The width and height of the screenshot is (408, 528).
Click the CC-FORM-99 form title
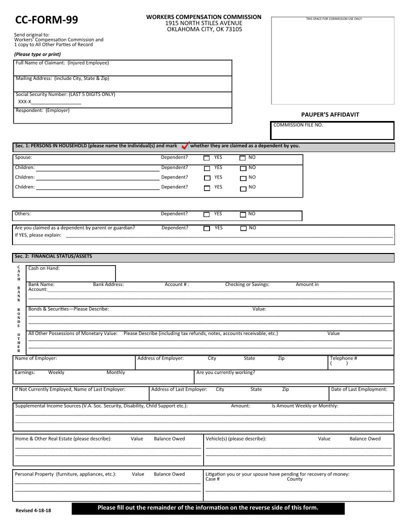tap(46, 20)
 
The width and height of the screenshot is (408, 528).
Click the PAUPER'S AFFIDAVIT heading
tap(330, 114)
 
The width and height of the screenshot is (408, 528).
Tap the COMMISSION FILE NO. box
tap(332, 131)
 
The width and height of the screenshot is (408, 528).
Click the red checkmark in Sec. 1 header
tap(184, 145)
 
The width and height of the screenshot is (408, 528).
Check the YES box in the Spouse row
tap(207, 157)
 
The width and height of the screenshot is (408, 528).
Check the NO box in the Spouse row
tap(243, 157)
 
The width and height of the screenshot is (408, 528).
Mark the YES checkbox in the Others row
tap(206, 214)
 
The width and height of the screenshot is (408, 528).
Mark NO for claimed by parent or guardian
tap(243, 228)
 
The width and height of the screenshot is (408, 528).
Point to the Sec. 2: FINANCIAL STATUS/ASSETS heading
tap(53, 256)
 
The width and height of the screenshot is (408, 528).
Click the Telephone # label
tap(343, 358)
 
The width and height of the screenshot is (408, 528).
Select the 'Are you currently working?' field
tap(293, 376)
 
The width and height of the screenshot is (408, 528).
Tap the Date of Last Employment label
tap(359, 389)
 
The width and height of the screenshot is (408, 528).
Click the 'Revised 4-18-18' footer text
tap(33, 510)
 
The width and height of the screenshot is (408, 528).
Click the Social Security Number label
tap(65, 94)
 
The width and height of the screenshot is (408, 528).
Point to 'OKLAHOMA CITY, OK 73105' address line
tap(204, 29)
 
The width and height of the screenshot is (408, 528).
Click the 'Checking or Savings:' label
tap(247, 284)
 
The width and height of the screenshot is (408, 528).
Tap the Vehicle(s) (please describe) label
tap(236, 439)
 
